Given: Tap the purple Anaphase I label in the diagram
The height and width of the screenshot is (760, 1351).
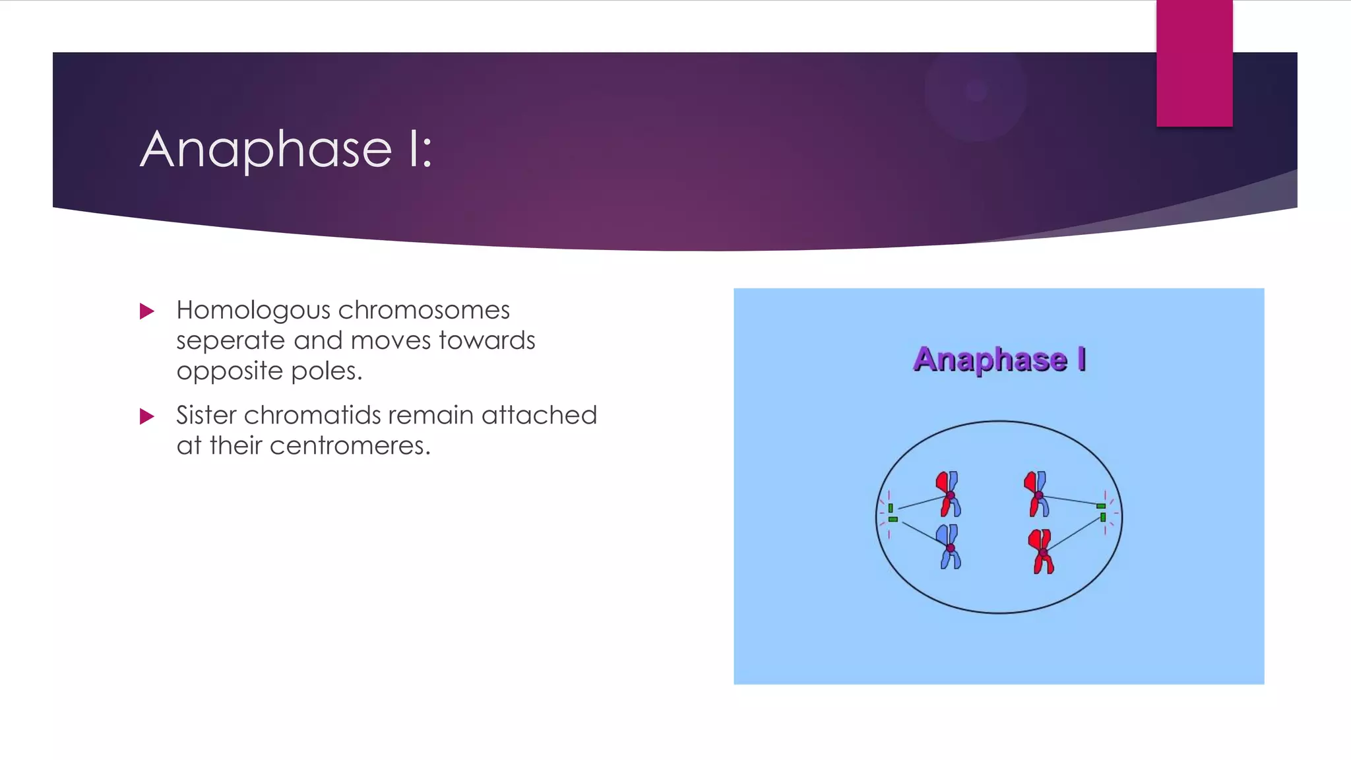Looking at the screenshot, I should pyautogui.click(x=999, y=360).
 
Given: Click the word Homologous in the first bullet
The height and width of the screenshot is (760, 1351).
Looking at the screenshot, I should pyautogui.click(x=253, y=310).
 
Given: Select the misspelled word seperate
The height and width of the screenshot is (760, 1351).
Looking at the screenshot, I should pyautogui.click(x=230, y=341).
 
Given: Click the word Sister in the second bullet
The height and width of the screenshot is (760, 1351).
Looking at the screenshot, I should pyautogui.click(x=206, y=415).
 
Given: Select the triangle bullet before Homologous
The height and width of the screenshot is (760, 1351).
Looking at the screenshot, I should pyautogui.click(x=147, y=311).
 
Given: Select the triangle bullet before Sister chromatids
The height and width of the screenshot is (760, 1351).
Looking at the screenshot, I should pyautogui.click(x=147, y=416).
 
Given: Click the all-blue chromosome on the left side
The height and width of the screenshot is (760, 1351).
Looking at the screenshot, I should pyautogui.click(x=950, y=547).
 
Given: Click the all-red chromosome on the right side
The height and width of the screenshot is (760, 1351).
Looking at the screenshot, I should pyautogui.click(x=1042, y=552).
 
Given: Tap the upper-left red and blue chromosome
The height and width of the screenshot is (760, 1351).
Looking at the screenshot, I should pyautogui.click(x=949, y=494).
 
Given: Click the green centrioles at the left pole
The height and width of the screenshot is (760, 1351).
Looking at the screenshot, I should pyautogui.click(x=892, y=513).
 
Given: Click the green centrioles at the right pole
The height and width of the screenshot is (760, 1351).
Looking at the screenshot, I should pyautogui.click(x=1102, y=511).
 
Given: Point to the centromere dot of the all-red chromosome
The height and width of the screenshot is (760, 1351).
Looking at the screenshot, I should pyautogui.click(x=1043, y=552).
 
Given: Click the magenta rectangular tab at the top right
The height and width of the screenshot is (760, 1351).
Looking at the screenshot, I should pyautogui.click(x=1194, y=63).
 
